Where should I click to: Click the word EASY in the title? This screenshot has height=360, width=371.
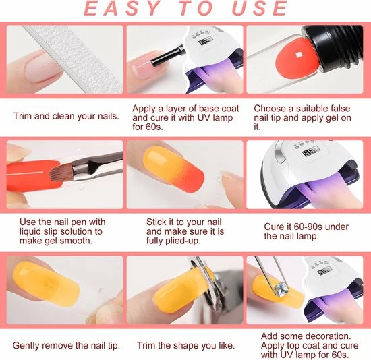coord(121,8)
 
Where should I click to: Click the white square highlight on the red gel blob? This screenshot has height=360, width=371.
coord(298,55)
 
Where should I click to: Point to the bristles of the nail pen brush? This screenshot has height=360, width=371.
coord(61,172)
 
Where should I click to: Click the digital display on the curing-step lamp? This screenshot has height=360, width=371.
coord(311,152)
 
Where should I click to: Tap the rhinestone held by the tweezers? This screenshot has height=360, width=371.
coord(281,289)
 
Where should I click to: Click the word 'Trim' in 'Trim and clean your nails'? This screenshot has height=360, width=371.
coord(22,116)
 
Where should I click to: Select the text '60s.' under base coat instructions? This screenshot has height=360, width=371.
coord(154,127)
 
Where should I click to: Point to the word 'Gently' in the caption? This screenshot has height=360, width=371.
coord(26,346)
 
